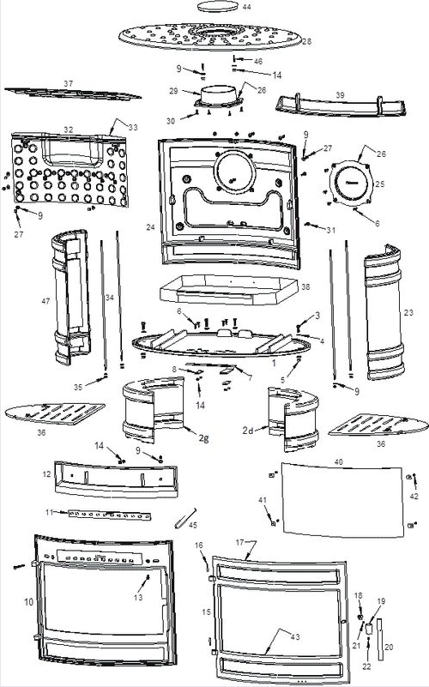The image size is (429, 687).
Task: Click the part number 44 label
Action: click(247, 8)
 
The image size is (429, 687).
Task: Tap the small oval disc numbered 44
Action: click(218, 7)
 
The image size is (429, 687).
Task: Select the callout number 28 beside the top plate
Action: click(307, 41)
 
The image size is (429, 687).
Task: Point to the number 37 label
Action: click(69, 83)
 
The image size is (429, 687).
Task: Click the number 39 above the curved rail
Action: click(340, 95)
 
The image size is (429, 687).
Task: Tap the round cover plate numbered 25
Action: click(352, 184)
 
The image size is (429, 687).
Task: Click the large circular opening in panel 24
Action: click(234, 171)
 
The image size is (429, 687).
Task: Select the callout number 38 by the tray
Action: click(305, 287)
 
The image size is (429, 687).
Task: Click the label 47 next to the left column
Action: click(45, 301)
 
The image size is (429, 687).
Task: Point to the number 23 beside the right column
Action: click(408, 312)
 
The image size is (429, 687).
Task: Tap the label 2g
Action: click(203, 437)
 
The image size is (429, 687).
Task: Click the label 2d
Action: click(248, 431)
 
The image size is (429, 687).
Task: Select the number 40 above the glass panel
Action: click(338, 461)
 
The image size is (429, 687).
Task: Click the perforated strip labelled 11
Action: click(109, 515)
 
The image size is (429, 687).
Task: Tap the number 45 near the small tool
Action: click(192, 525)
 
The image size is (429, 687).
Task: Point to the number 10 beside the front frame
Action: click(28, 602)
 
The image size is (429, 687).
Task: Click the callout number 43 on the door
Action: click(295, 636)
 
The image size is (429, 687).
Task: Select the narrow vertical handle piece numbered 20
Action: click(379, 639)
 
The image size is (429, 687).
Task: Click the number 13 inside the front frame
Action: click(138, 597)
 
